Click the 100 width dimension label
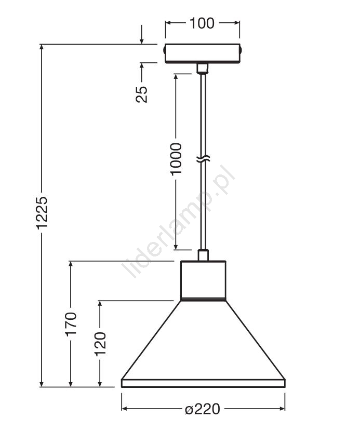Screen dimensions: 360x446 pos(202,23)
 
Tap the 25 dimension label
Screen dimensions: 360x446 pos(142,94)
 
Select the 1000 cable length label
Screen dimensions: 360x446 pos(176,159)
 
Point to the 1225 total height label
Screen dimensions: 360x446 pos(42,212)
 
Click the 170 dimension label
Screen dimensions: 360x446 pos(71,325)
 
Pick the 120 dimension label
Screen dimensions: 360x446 pos(100,344)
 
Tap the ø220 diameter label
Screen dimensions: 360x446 pos(203,409)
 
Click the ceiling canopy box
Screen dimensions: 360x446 pos(203,53)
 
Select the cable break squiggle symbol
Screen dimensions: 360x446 pos(203,159)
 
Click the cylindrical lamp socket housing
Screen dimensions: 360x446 pos(203,280)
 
